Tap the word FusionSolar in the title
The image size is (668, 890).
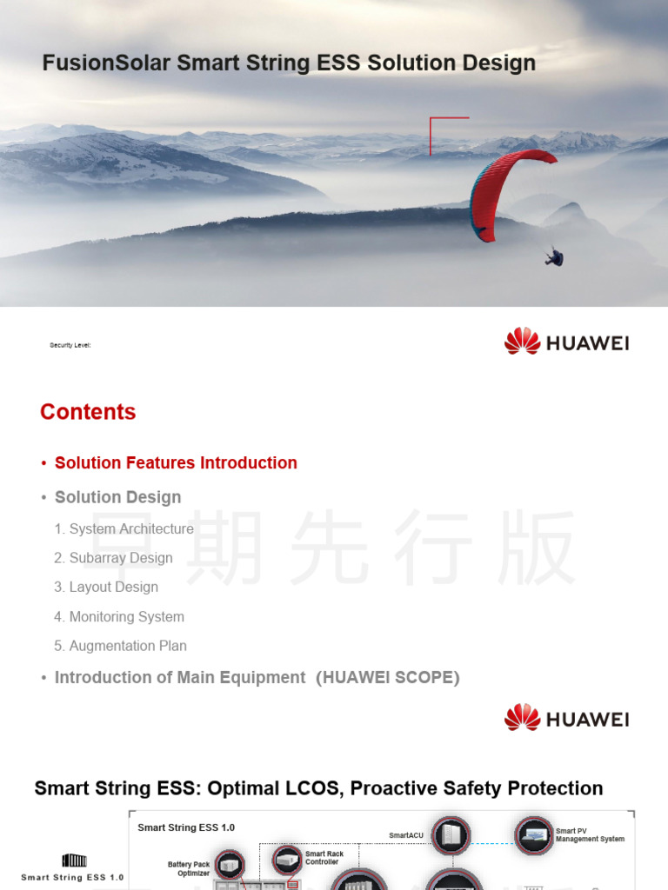[107, 63]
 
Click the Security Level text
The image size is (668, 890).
[70, 346]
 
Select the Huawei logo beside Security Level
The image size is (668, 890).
[566, 342]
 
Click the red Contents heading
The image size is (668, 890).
[88, 412]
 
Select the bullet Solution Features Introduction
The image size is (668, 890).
[176, 463]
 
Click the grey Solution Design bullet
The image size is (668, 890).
[117, 497]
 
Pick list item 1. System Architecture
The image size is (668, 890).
[124, 528]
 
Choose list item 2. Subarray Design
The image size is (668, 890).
[113, 558]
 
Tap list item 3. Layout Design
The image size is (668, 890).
[106, 587]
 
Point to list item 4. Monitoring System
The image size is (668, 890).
[119, 616]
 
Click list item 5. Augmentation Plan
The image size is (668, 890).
[120, 646]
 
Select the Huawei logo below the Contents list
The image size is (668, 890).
[566, 718]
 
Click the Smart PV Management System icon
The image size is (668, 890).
[533, 835]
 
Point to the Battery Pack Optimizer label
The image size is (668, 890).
[189, 869]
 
